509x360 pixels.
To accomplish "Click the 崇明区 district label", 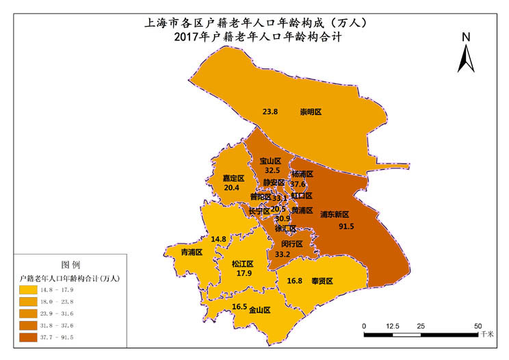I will click(311, 112).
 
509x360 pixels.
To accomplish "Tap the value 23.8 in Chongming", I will click(270, 112).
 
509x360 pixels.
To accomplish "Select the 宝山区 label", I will click(270, 161).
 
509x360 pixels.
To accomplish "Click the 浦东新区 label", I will click(335, 214).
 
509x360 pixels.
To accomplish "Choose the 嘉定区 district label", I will click(233, 178).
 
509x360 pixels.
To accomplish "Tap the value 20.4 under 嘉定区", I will click(231, 188).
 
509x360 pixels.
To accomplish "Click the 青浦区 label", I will click(191, 252).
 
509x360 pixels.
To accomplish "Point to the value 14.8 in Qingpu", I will click(219, 239).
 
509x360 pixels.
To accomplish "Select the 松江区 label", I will click(242, 263).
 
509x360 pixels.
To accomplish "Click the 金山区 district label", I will click(259, 309).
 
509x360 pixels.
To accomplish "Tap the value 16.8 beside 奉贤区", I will click(295, 281).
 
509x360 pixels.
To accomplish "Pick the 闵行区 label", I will click(292, 244).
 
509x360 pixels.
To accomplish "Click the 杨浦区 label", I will click(302, 175).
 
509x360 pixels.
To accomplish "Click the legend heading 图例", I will click(71, 264).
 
